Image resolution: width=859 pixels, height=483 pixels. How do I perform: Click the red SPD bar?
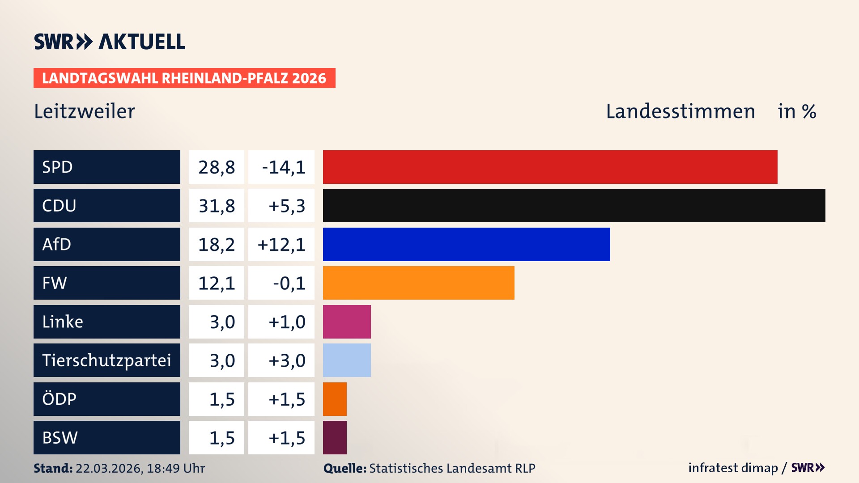(x=550, y=167)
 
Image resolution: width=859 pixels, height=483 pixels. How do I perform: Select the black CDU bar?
(x=574, y=206)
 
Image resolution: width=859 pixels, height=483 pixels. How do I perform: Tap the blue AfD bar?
(x=466, y=244)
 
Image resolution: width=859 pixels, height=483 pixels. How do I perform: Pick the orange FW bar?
(x=418, y=283)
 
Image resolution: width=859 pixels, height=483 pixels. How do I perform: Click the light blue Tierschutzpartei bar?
(x=347, y=360)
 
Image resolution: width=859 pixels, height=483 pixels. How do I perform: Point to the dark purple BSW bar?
(x=335, y=437)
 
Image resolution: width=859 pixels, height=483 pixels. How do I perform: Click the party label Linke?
(x=63, y=322)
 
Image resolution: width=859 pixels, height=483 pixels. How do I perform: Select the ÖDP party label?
(x=59, y=399)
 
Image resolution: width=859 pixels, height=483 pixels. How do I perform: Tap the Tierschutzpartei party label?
(x=106, y=360)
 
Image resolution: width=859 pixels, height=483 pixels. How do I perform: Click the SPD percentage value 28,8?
(x=217, y=167)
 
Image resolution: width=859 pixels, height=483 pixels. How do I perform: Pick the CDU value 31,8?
(x=217, y=206)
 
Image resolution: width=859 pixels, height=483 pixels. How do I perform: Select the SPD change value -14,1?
(x=283, y=167)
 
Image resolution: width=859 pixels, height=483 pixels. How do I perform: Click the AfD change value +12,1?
(x=281, y=245)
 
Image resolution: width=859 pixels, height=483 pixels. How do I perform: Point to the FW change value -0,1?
(x=289, y=283)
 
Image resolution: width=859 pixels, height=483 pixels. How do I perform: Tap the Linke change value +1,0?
(x=287, y=322)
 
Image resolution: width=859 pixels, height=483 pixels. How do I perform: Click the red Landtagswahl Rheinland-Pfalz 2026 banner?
(x=184, y=78)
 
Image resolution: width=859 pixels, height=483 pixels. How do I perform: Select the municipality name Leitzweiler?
(x=84, y=111)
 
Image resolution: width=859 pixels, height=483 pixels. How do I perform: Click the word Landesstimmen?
(x=680, y=111)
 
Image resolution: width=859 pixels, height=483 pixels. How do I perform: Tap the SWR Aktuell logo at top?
(x=110, y=42)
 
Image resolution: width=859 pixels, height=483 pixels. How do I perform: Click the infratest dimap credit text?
(x=733, y=468)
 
